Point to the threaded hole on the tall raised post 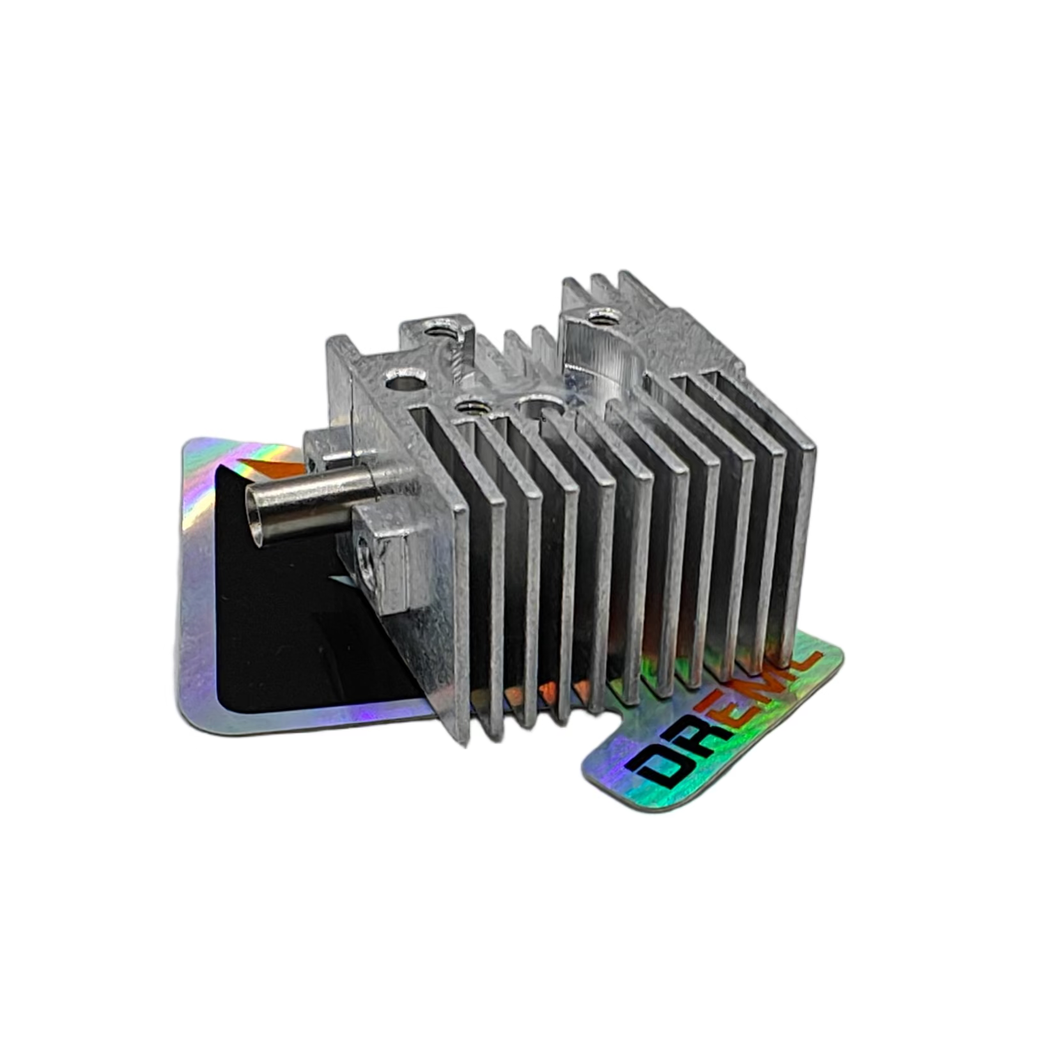click(599, 315)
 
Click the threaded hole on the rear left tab click(438, 332)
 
